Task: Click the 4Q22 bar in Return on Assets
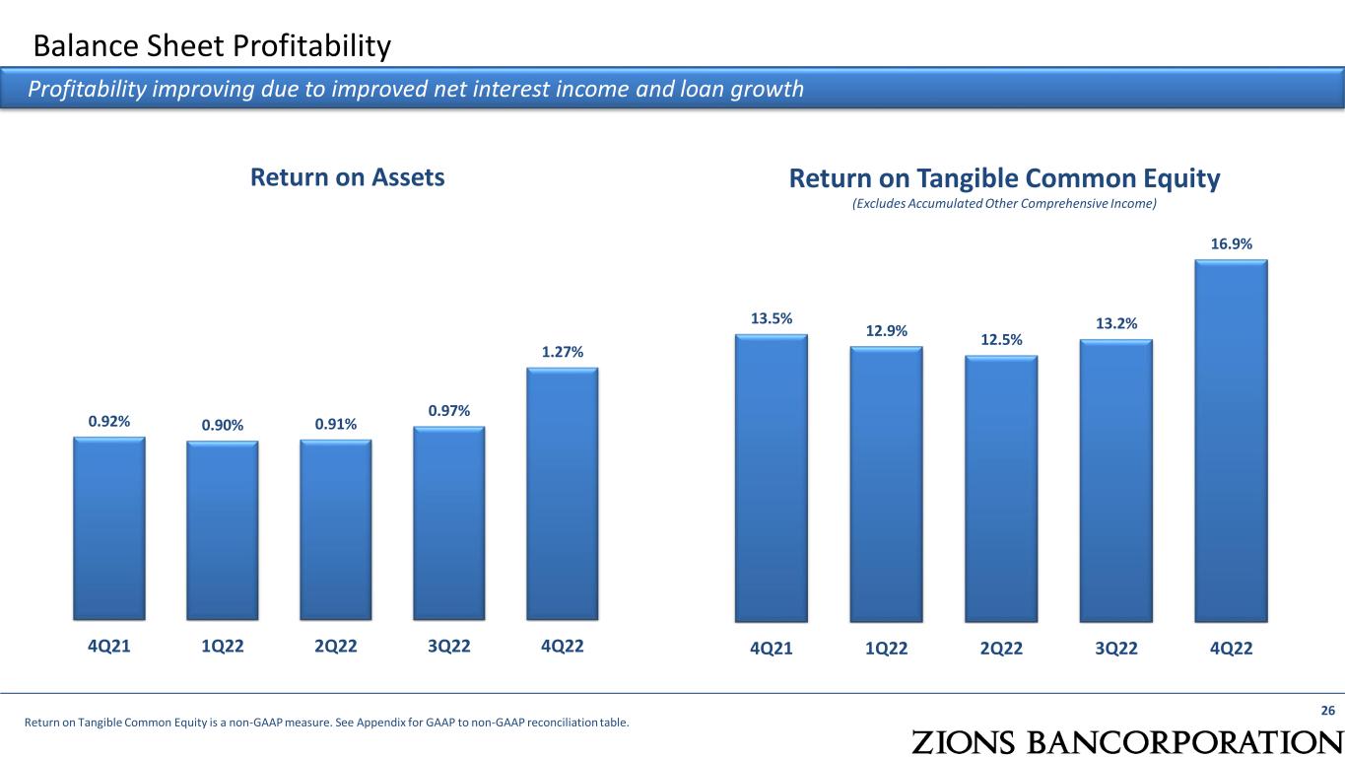[x=562, y=494]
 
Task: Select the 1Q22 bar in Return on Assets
[x=222, y=530]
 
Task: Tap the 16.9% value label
[x=1231, y=243]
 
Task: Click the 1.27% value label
[x=562, y=352]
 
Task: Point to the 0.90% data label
[x=222, y=426]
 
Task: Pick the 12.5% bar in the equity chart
[x=1001, y=489]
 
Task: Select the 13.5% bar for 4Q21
[x=771, y=478]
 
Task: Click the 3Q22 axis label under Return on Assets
[x=448, y=647]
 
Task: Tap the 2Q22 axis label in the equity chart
[x=1001, y=649]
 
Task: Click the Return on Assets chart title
[x=347, y=177]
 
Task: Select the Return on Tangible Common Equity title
[x=1004, y=178]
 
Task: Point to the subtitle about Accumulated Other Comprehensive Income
[x=1004, y=204]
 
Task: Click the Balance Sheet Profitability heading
[x=212, y=46]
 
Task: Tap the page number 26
[x=1327, y=711]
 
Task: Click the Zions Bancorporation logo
[x=1127, y=742]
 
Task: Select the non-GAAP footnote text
[x=327, y=723]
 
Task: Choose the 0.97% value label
[x=448, y=411]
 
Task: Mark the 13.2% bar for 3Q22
[x=1115, y=481]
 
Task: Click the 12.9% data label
[x=886, y=331]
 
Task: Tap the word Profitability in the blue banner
[x=87, y=90]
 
